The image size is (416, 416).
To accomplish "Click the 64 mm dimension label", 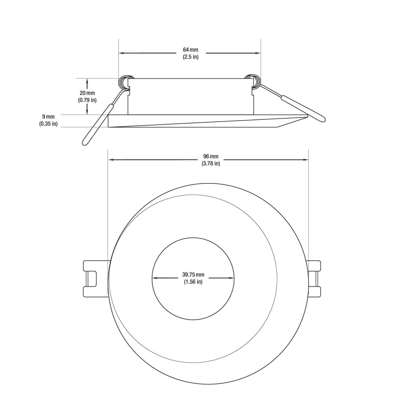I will tap(191, 50).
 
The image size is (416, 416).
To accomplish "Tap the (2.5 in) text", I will tap(191, 57).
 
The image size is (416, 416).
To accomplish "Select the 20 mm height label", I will tap(87, 93).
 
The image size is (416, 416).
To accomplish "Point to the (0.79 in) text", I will tap(87, 100).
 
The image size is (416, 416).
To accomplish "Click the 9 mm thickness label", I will tap(48, 117).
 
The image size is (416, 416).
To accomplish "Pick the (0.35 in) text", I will tap(48, 124).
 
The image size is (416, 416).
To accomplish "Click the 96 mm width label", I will tap(211, 156).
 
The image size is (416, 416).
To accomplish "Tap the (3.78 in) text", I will tap(211, 164).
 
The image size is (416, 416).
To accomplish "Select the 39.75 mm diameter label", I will tap(193, 275).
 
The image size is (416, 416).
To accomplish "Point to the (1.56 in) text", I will tap(193, 282).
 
